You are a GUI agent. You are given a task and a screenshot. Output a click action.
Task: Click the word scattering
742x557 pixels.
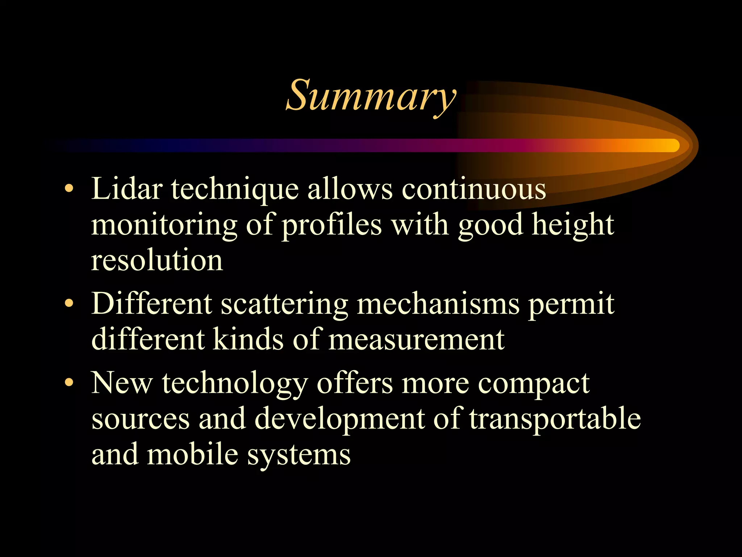[284, 304]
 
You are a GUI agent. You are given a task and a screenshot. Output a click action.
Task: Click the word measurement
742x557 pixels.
[416, 339]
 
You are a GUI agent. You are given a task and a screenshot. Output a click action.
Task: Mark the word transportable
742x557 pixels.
[555, 418]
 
